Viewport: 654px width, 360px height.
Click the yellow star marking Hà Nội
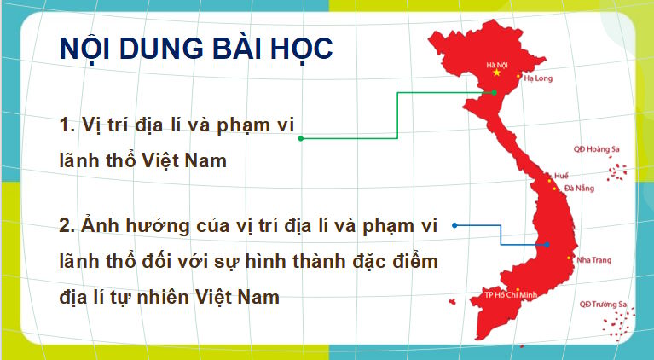coord(498,73)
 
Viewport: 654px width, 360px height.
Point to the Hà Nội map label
coord(497,63)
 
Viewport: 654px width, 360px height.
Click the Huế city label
coord(560,174)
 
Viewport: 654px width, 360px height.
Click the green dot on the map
coord(494,93)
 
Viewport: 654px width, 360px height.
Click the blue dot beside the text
coord(454,225)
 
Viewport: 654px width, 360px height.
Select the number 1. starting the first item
coord(68,125)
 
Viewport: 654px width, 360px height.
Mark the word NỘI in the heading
coord(86,49)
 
